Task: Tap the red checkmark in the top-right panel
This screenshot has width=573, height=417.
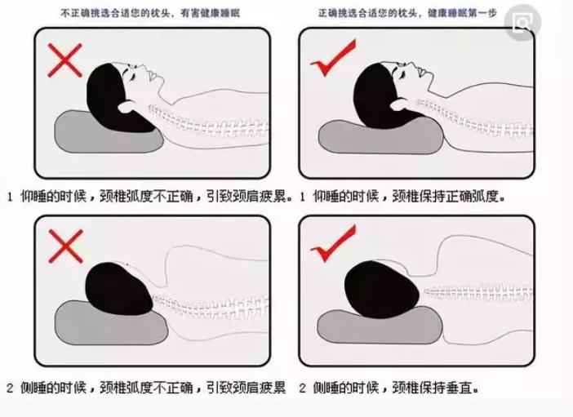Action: [335, 63]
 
